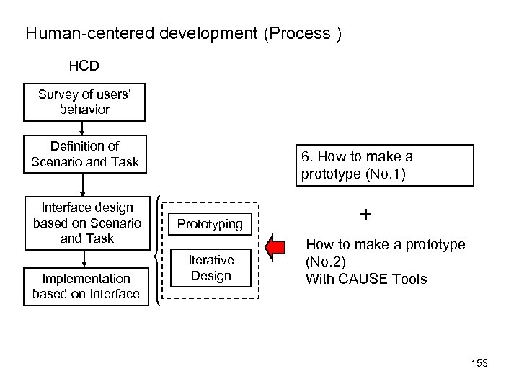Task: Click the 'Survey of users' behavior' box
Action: [x=84, y=102]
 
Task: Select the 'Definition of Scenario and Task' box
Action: [x=84, y=154]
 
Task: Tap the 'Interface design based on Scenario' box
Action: [x=84, y=223]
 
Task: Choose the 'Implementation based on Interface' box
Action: [x=84, y=286]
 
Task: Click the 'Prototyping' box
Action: [x=210, y=224]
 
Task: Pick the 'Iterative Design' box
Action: [x=210, y=268]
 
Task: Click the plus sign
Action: [x=366, y=215]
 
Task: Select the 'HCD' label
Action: [x=84, y=66]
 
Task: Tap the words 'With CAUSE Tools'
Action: [x=366, y=279]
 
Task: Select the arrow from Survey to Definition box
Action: [x=84, y=128]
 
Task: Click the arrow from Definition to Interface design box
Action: [x=84, y=183]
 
